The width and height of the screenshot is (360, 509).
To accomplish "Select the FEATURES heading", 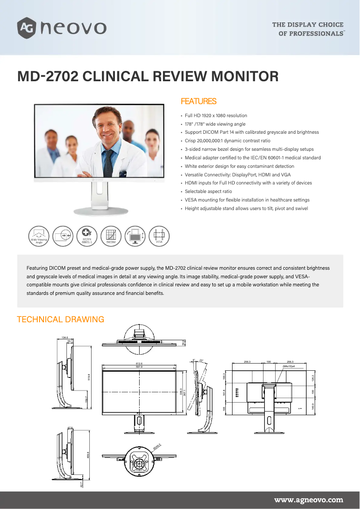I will click(198, 101).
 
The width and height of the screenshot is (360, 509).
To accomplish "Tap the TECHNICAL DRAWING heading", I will click(60, 320).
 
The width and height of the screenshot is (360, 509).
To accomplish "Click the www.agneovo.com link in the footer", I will click(308, 500).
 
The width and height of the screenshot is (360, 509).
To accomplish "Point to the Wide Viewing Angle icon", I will click(39, 236).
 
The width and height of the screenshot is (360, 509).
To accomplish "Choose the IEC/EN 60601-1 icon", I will click(87, 236).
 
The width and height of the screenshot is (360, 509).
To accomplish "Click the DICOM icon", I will click(111, 236).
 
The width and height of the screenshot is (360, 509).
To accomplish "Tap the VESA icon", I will click(159, 236).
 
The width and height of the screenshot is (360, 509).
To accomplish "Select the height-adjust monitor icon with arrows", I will click(135, 236).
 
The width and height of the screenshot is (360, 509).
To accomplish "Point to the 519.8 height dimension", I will click(89, 376).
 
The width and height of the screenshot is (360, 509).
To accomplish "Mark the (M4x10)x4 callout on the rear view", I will click(289, 366).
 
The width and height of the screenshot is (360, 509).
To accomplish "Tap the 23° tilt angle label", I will click(201, 360).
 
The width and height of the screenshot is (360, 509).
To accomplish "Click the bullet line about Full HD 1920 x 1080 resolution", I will click(216, 115).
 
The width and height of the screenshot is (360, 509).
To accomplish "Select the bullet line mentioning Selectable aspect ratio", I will click(208, 191).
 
